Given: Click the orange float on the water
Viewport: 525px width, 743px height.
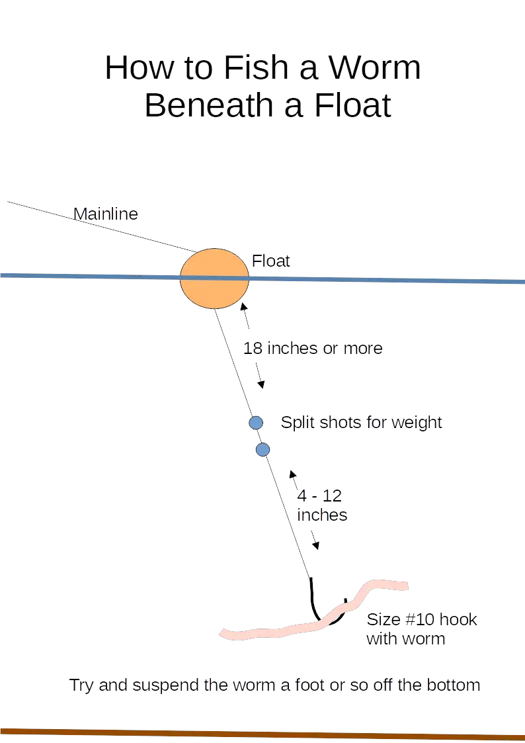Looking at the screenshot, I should point(214,279).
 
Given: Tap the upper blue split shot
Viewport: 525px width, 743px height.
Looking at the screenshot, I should point(256,423).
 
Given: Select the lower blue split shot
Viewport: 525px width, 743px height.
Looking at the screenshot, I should point(262,450).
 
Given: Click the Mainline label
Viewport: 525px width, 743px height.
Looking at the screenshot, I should point(106,214).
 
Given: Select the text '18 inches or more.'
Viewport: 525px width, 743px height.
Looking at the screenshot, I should point(314,348).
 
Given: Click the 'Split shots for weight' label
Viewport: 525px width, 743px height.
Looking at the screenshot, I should point(361,422).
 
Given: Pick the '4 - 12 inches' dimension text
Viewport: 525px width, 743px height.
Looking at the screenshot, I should point(322,505).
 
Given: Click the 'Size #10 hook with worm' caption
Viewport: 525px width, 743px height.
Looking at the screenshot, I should point(421,630).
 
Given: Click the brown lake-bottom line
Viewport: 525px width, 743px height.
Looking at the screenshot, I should point(264,732).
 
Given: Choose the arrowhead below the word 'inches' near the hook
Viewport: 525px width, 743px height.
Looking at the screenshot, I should point(317,546).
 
